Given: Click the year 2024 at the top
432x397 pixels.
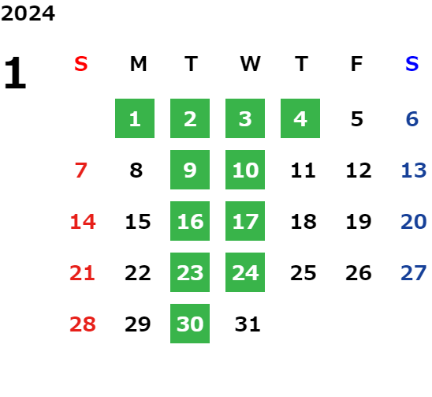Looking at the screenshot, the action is [x=28, y=13].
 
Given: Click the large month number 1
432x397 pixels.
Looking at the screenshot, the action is [x=15, y=73].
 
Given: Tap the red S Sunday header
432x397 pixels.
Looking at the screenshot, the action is [x=81, y=64].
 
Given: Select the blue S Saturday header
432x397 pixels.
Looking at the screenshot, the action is [x=412, y=64].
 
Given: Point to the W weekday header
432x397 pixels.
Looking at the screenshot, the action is [x=250, y=64].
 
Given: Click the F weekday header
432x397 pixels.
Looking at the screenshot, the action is [x=356, y=64].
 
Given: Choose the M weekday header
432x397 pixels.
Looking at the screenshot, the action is [x=138, y=64].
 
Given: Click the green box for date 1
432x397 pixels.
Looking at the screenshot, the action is [x=135, y=118].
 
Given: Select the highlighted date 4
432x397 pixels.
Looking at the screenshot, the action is [x=300, y=118].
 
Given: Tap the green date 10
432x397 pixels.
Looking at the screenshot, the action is [x=245, y=170].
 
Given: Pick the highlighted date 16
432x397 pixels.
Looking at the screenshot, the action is [x=190, y=221].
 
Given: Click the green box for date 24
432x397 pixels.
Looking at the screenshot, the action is [x=245, y=272].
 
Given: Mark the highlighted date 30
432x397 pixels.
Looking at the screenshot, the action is [x=190, y=324].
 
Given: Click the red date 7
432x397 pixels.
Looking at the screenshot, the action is [x=81, y=170].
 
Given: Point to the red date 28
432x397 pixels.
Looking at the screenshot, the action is [x=83, y=324].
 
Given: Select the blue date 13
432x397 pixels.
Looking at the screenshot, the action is [x=414, y=170].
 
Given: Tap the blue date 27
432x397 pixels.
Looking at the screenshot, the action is [x=414, y=273].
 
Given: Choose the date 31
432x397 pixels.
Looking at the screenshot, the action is [x=248, y=324].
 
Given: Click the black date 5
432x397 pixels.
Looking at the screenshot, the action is [x=357, y=119].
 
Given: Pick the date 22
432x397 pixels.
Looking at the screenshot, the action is [x=138, y=273].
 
